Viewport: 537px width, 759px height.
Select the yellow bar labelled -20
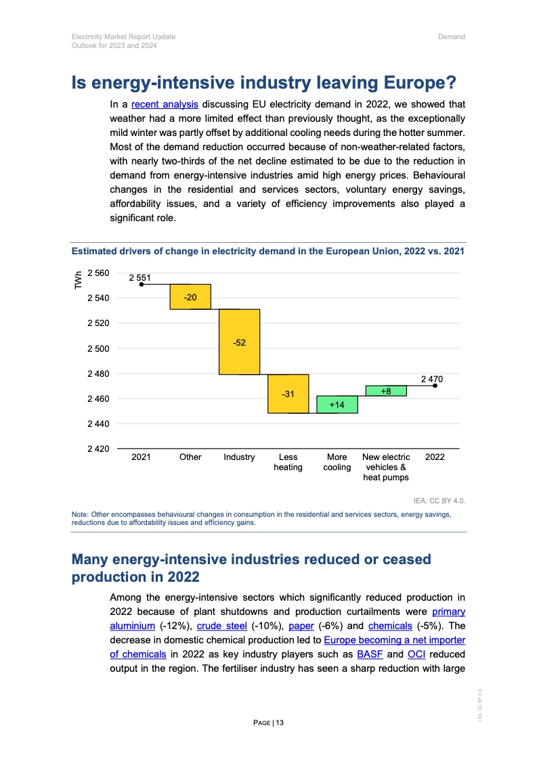190,297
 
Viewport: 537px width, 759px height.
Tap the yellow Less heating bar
288,394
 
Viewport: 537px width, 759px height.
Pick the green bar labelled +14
337,405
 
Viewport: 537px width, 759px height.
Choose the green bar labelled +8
386,391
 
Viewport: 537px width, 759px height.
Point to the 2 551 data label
141,277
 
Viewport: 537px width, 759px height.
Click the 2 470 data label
432,379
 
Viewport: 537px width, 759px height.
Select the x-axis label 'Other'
190,457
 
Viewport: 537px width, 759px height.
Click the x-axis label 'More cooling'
337,462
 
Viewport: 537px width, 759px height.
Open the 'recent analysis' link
165,105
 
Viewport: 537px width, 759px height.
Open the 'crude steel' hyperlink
221,626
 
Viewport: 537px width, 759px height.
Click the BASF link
370,654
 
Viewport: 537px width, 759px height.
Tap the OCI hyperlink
416,654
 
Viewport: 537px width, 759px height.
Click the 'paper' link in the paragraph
300,626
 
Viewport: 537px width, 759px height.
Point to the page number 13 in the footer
280,723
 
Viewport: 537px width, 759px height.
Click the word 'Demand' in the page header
451,37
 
